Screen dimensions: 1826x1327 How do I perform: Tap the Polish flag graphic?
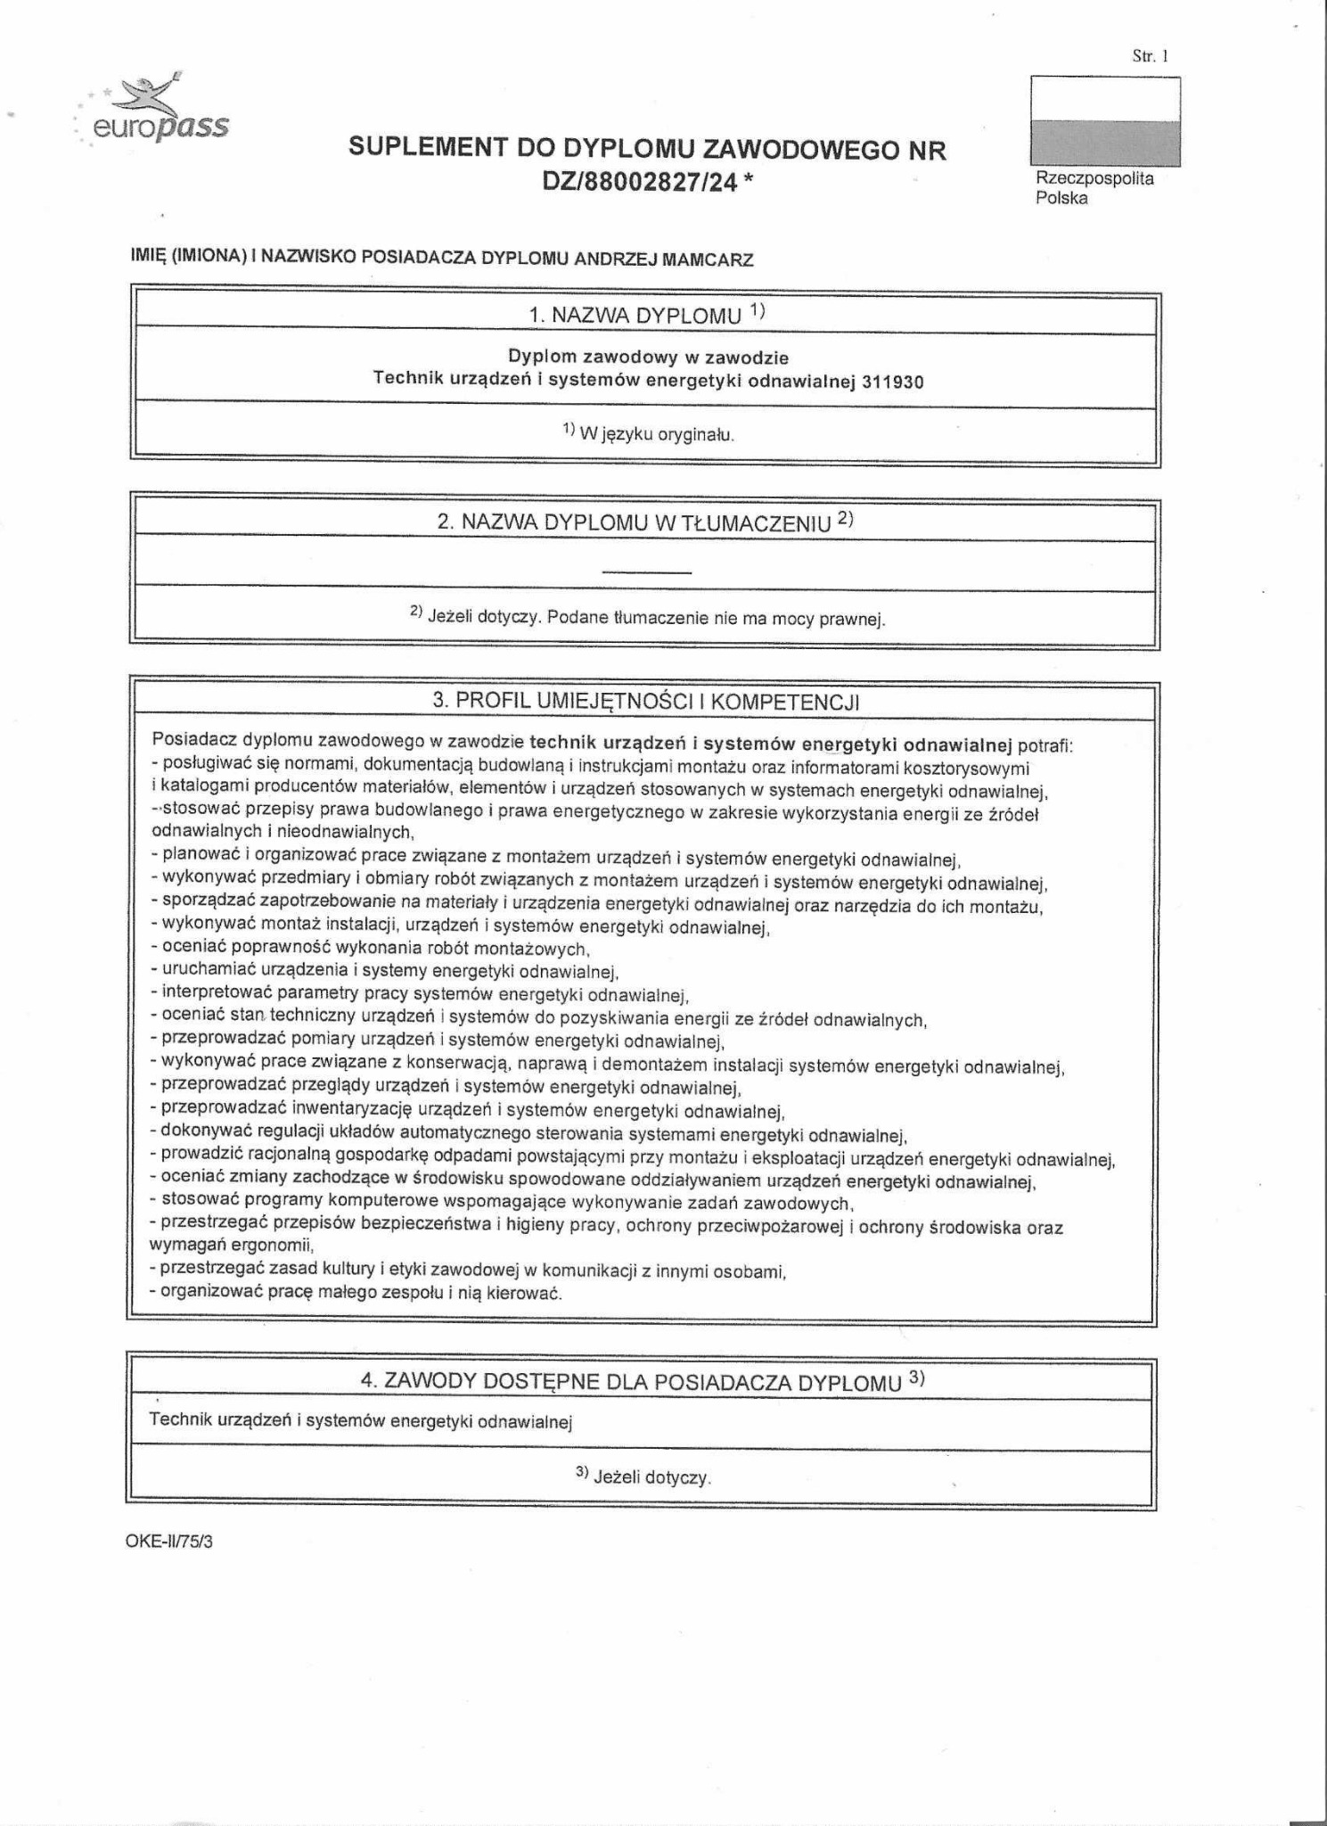pyautogui.click(x=1105, y=121)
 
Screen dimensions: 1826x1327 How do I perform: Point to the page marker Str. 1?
pyautogui.click(x=1150, y=56)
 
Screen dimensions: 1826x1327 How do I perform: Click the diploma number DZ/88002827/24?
pyautogui.click(x=640, y=182)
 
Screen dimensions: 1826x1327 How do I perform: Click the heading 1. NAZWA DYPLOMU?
pyautogui.click(x=635, y=315)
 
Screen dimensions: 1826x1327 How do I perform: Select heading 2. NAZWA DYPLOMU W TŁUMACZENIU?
pyautogui.click(x=635, y=522)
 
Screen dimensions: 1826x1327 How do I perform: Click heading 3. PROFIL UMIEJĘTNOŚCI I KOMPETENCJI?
pyautogui.click(x=645, y=701)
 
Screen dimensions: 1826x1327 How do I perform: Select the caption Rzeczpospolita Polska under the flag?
pyautogui.click(x=1094, y=188)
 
